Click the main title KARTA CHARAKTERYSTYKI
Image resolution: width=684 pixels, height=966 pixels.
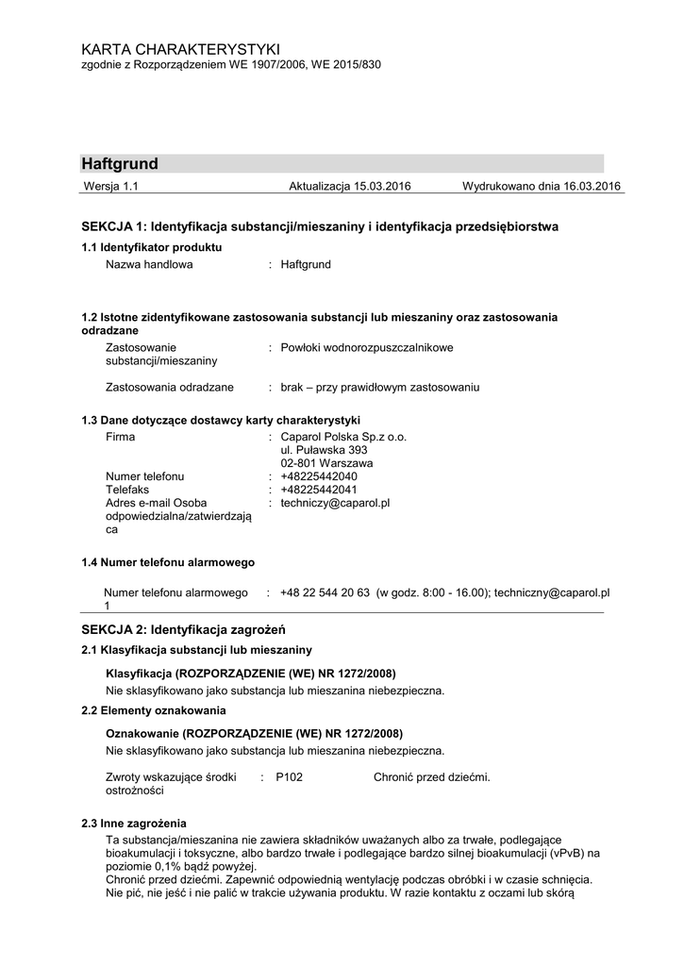[180, 48]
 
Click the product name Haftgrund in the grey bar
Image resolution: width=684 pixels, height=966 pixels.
[120, 164]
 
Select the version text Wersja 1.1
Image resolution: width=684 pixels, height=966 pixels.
[111, 187]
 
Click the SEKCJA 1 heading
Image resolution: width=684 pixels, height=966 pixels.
[320, 227]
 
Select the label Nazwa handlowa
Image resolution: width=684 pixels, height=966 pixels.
[149, 265]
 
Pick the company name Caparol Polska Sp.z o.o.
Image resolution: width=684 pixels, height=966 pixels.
[343, 438]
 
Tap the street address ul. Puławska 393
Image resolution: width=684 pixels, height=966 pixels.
[324, 451]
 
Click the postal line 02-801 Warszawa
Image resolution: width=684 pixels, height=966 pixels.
[326, 464]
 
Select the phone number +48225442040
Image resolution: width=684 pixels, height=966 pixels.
[319, 477]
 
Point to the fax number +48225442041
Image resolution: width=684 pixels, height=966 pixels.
[319, 491]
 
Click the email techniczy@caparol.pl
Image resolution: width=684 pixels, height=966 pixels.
[335, 504]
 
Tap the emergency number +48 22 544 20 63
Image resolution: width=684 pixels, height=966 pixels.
[325, 593]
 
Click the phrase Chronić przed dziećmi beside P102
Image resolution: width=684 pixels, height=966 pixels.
[431, 777]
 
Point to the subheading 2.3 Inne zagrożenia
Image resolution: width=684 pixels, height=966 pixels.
[134, 824]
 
